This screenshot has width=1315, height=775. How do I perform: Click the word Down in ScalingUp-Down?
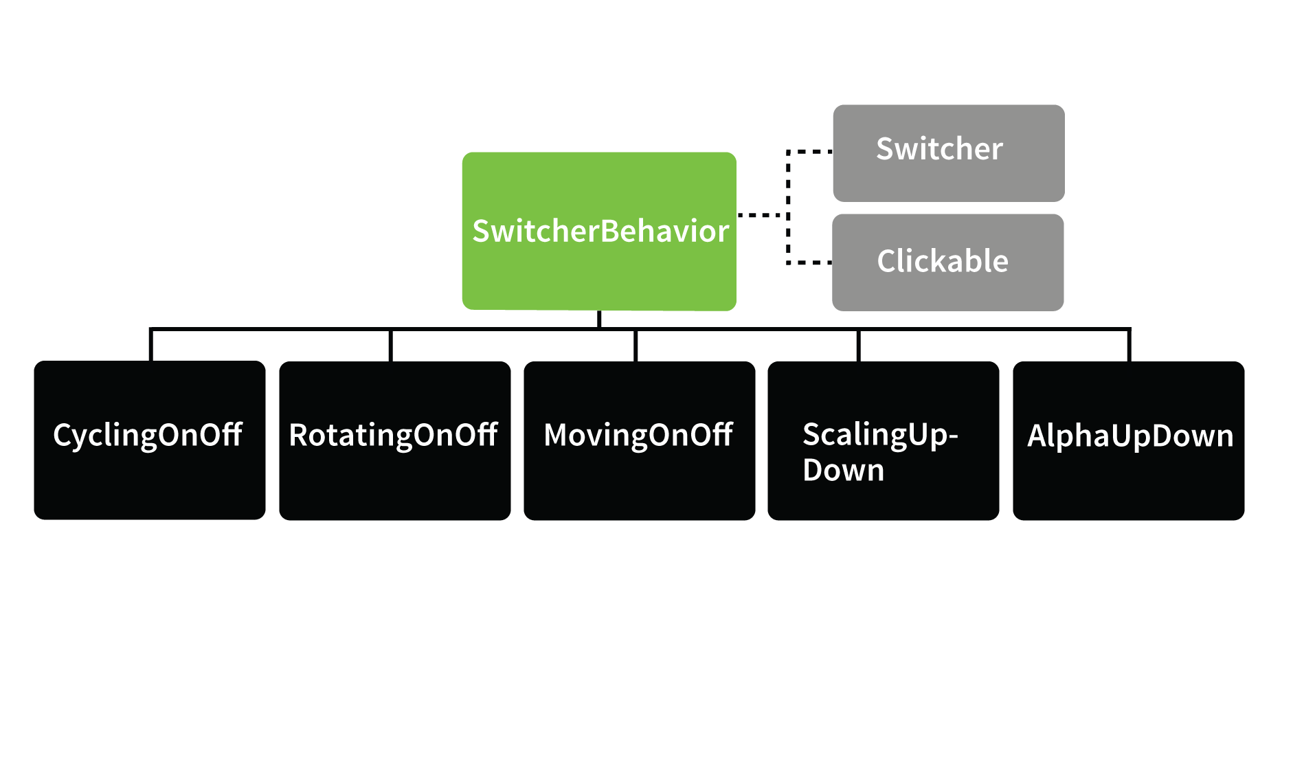click(843, 471)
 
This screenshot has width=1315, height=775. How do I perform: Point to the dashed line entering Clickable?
click(811, 262)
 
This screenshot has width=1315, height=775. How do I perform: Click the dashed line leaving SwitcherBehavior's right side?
click(761, 215)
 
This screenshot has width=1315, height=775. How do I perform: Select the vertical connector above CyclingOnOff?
click(150, 346)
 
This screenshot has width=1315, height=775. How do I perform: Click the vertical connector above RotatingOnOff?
click(390, 346)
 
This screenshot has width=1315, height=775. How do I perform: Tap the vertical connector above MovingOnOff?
click(636, 346)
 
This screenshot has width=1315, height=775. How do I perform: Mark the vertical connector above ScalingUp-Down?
click(858, 346)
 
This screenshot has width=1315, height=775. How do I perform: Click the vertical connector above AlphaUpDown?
click(1129, 346)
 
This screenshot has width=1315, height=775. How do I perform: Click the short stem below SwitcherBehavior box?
click(599, 319)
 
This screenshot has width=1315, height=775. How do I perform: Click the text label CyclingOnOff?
click(148, 435)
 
